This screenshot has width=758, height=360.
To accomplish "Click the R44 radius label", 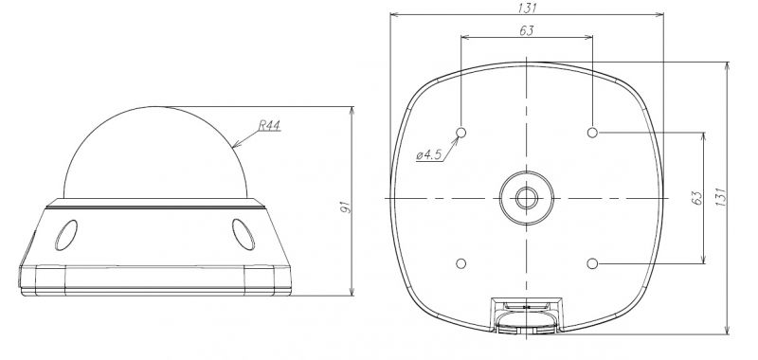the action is click(269, 126).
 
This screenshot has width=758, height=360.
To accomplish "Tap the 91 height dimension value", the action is click(346, 207).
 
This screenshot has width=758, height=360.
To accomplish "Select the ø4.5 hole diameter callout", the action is click(429, 154).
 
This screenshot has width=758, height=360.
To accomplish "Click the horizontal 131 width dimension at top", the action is click(528, 8).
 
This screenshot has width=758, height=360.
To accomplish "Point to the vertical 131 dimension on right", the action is click(721, 197).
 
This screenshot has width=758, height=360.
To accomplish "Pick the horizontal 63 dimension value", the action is click(527, 30).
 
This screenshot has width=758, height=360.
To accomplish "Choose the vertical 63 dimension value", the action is click(696, 198).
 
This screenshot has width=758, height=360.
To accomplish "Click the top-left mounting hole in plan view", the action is click(461, 132).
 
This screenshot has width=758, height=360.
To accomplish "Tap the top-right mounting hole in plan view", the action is click(592, 132).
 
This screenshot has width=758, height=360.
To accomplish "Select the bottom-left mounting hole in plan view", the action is click(461, 263).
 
